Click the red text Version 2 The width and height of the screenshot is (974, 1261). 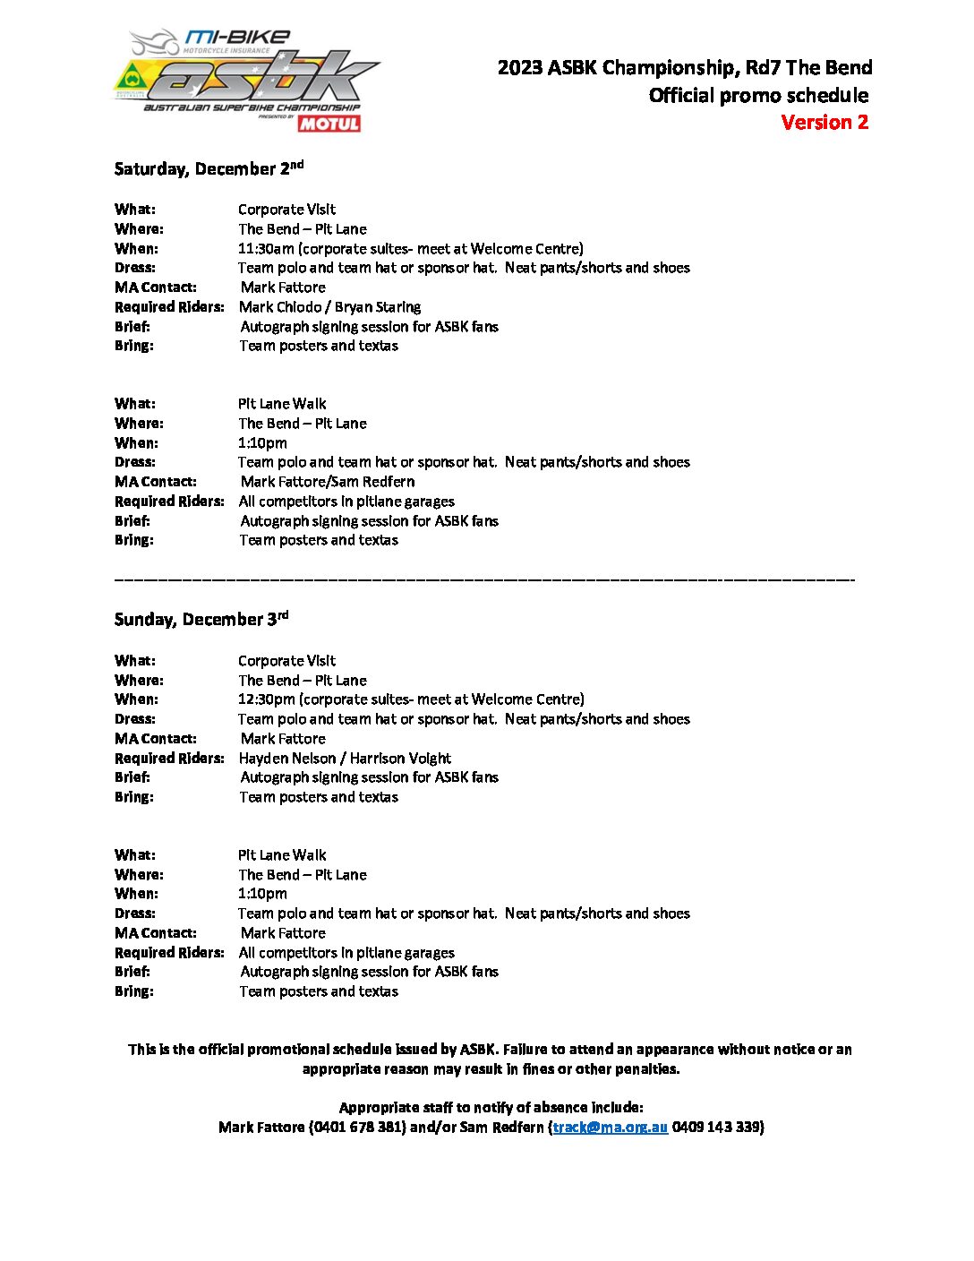(824, 123)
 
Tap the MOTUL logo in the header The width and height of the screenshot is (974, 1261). (329, 124)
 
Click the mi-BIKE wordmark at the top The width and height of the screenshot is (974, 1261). (237, 38)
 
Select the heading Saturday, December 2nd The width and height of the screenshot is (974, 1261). (209, 168)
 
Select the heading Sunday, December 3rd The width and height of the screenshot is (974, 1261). (201, 619)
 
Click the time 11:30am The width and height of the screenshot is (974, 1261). (266, 249)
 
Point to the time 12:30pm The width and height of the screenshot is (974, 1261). (266, 699)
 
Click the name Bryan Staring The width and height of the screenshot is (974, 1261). (378, 307)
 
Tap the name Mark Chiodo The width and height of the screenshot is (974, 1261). (281, 307)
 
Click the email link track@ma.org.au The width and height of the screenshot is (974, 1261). (610, 1128)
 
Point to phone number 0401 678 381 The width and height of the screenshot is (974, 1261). (357, 1128)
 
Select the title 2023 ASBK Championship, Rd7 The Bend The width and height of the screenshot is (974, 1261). (685, 68)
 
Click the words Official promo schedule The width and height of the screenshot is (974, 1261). (758, 96)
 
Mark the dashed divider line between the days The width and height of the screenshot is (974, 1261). (484, 581)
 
